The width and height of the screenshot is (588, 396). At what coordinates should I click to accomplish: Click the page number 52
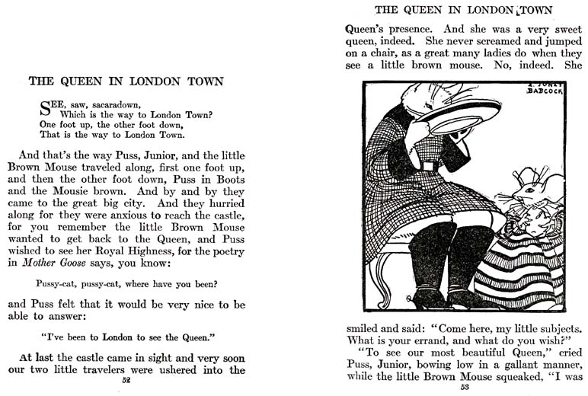click(x=126, y=379)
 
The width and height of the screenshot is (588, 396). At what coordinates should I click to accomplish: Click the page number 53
click(x=465, y=387)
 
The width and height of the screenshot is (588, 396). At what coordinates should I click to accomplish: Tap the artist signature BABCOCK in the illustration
click(x=545, y=91)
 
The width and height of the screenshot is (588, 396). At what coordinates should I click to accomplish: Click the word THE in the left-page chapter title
click(x=41, y=81)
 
